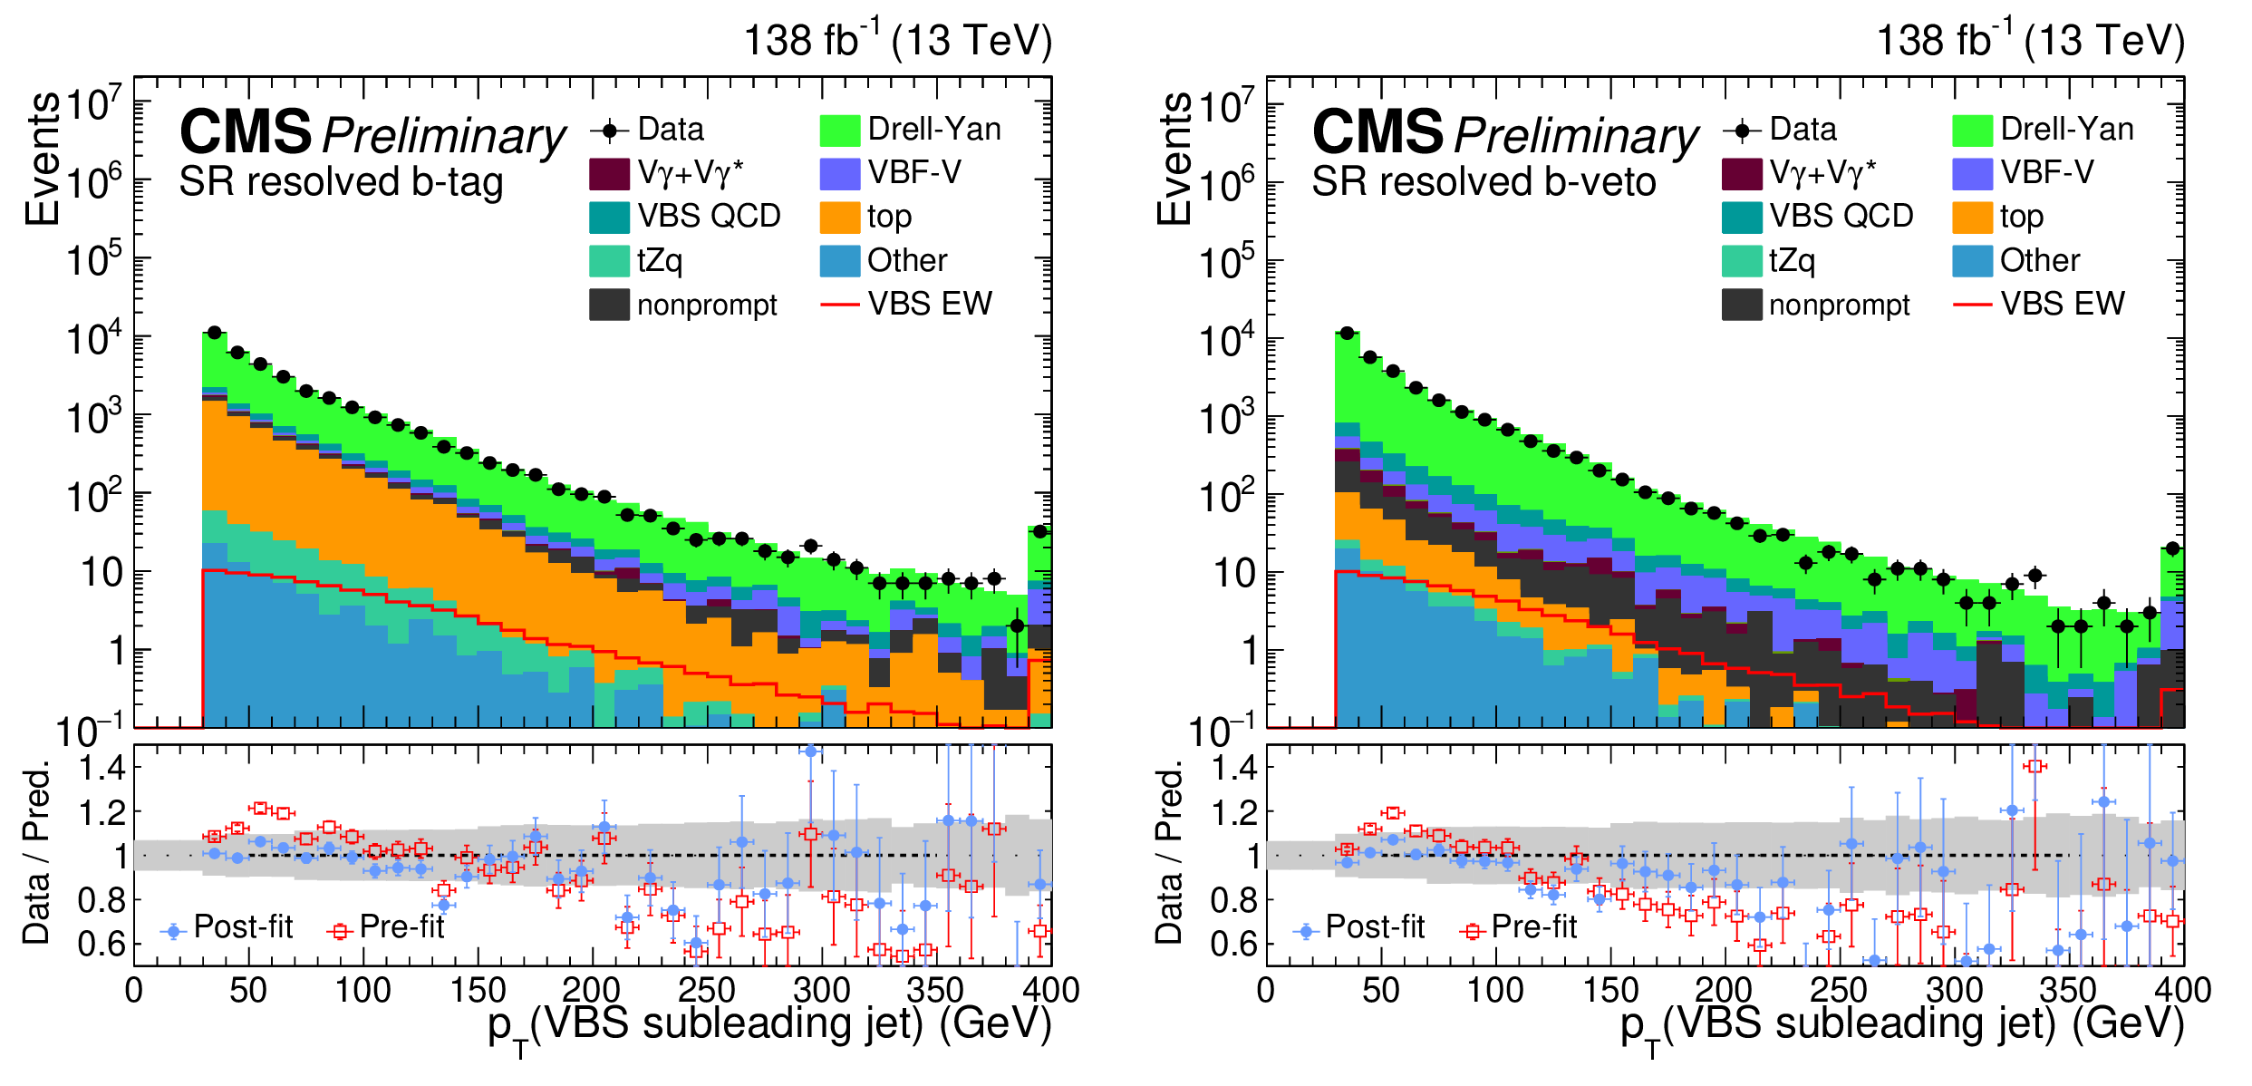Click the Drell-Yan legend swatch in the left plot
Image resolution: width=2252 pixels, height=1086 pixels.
[838, 130]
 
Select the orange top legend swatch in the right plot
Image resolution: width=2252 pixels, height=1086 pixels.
[1972, 217]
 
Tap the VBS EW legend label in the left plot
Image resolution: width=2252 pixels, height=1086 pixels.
[930, 304]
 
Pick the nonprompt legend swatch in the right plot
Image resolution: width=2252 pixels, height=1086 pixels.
[1742, 305]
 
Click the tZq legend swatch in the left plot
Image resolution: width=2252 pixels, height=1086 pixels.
[609, 261]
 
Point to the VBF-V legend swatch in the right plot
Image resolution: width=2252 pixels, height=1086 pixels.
[1972, 173]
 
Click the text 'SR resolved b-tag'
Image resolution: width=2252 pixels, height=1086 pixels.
[341, 182]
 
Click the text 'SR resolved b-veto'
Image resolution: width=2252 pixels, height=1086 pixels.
[1484, 182]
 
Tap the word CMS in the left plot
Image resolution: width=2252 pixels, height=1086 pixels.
[246, 132]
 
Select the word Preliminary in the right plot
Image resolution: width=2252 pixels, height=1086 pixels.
[1576, 136]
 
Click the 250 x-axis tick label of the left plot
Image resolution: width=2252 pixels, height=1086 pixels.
[706, 990]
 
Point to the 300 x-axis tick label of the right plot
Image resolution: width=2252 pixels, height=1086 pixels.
[1954, 990]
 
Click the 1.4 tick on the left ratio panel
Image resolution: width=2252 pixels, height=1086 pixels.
[101, 769]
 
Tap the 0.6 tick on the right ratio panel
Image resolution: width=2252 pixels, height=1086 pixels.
[1234, 945]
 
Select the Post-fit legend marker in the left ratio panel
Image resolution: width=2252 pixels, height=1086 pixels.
[173, 931]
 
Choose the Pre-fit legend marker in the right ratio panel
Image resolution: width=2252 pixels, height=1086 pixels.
[1472, 931]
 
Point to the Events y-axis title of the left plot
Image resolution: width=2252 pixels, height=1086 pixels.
[43, 159]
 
